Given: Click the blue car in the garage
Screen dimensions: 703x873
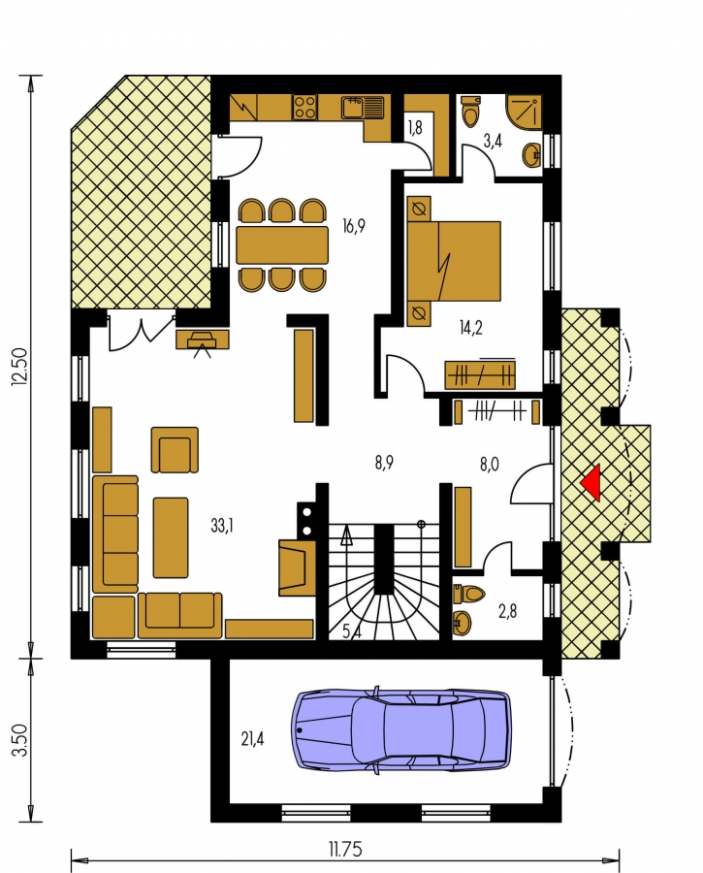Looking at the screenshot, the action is [400, 729].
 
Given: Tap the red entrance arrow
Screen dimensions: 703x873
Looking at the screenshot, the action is [591, 482].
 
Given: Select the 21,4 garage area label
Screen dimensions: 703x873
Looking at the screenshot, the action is [253, 739].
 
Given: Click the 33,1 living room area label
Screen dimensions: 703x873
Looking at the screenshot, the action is [222, 525].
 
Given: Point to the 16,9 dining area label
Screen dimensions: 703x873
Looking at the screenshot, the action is [354, 227].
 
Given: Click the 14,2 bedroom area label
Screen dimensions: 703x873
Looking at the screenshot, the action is [471, 328].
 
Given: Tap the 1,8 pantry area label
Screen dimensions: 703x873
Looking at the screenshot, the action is [415, 127].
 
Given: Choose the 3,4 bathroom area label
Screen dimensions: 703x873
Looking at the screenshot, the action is [493, 141].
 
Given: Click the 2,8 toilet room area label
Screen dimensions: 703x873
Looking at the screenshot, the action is [508, 611].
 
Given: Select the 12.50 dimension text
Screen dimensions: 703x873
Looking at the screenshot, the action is [19, 367].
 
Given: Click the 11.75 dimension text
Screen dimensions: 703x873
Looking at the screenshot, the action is [345, 850].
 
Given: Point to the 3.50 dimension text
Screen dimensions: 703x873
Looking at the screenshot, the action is [19, 740].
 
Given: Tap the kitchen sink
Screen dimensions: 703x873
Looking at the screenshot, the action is [363, 107].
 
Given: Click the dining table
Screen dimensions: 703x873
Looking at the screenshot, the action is [282, 245].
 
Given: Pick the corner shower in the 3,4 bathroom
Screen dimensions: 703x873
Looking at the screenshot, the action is [524, 111].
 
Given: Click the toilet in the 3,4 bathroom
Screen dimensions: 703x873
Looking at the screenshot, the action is [470, 112].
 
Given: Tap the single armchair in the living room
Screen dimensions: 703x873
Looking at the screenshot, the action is [175, 450].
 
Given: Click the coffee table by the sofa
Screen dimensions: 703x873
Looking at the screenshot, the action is [171, 537].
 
